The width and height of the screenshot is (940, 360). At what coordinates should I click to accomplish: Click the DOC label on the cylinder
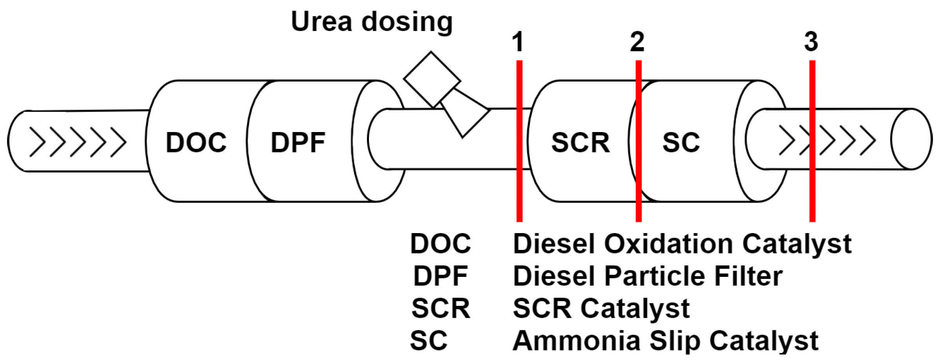pyautogui.click(x=196, y=142)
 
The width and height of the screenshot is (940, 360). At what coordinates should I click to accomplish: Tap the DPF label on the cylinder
pyautogui.click(x=298, y=142)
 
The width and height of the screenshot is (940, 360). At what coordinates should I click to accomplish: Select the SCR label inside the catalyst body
pyautogui.click(x=580, y=142)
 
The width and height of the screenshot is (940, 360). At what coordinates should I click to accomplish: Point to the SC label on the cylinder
pyautogui.click(x=681, y=142)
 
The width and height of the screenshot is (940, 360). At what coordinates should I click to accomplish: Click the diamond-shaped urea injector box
pyautogui.click(x=432, y=80)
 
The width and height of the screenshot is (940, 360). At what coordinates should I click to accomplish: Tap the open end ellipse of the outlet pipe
pyautogui.click(x=911, y=139)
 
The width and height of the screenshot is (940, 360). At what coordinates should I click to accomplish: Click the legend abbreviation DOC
pyautogui.click(x=440, y=244)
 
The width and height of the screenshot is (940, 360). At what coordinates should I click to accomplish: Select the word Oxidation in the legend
pyautogui.click(x=668, y=244)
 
